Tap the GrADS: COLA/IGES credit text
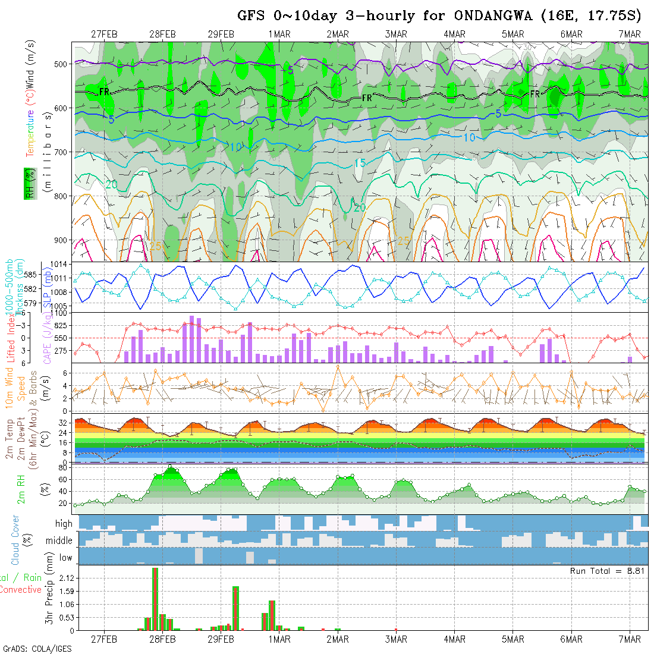(x=37, y=649)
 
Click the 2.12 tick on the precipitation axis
(x=66, y=578)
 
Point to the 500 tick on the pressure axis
(x=64, y=64)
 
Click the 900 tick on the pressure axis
(x=64, y=240)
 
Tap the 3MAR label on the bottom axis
(x=395, y=640)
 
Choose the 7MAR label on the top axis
(x=630, y=34)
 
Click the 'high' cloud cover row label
(x=64, y=524)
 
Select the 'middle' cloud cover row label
(x=59, y=541)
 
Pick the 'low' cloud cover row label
(x=65, y=558)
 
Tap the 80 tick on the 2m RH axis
(x=61, y=468)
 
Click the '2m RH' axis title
(x=21, y=489)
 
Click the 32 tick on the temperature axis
(x=62, y=423)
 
